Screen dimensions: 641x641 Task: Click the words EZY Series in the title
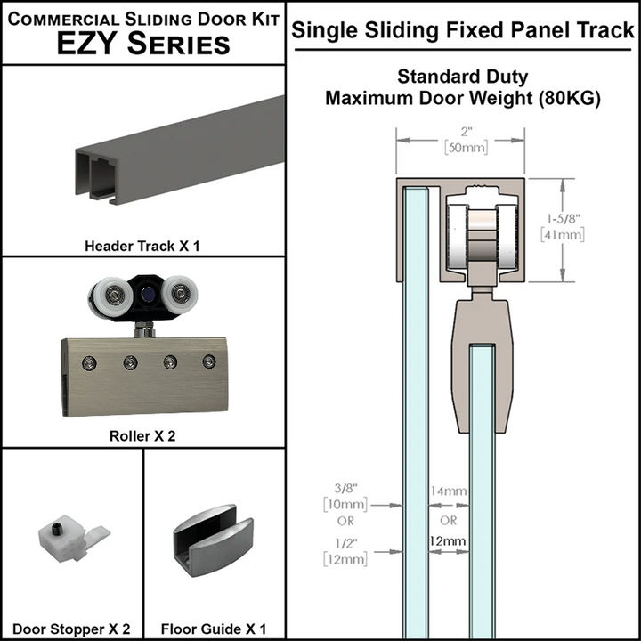pyautogui.click(x=142, y=44)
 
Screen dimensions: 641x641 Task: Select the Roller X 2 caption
pyautogui.click(x=142, y=436)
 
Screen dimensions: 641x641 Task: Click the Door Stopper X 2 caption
pyautogui.click(x=72, y=629)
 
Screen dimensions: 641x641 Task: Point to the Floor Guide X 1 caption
pyautogui.click(x=214, y=629)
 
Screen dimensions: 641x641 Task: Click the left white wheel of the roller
pyautogui.click(x=107, y=295)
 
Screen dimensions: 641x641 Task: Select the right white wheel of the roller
pyautogui.click(x=181, y=294)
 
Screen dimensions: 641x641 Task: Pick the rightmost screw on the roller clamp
pyautogui.click(x=209, y=361)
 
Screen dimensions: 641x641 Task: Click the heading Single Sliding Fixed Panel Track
pyautogui.click(x=463, y=30)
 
